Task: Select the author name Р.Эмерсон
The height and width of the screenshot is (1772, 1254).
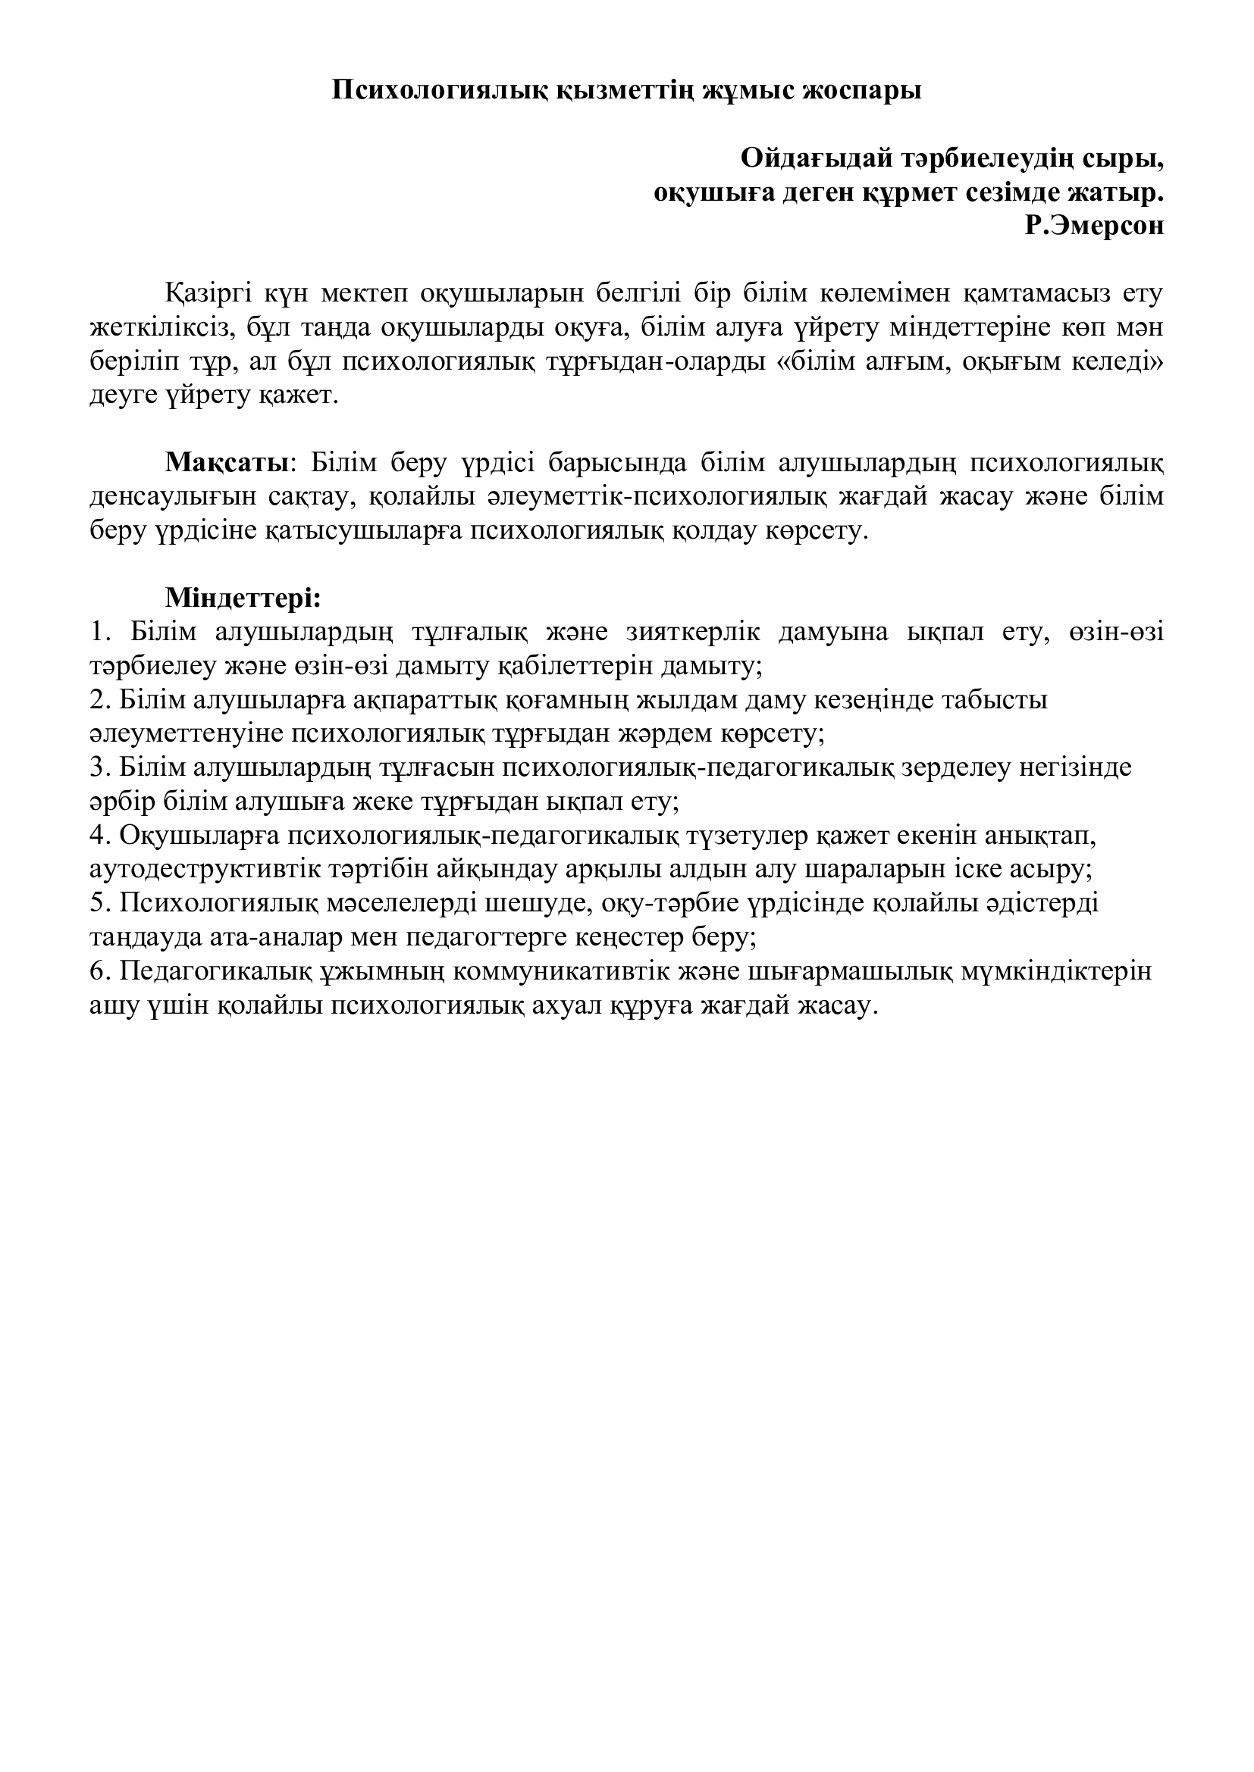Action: tap(1094, 226)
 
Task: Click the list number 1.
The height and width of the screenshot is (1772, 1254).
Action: tap(96, 632)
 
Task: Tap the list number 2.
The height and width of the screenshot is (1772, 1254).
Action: tap(96, 700)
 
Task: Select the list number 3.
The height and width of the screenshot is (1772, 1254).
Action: tap(96, 768)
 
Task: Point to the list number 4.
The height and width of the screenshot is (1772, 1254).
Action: tap(96, 836)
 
